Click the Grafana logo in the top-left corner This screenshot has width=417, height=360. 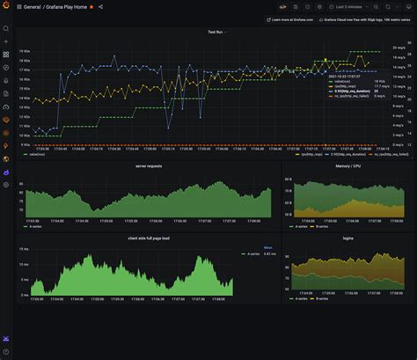click(6, 6)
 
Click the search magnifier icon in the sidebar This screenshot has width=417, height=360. click(6, 28)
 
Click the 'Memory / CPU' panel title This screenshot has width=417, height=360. click(348, 165)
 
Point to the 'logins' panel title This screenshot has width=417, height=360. click(348, 239)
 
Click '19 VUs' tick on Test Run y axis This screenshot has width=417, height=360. click(26, 51)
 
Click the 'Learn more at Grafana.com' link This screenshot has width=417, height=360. click(293, 19)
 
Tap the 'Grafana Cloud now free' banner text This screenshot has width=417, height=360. click(370, 19)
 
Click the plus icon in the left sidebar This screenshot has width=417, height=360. click(6, 41)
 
